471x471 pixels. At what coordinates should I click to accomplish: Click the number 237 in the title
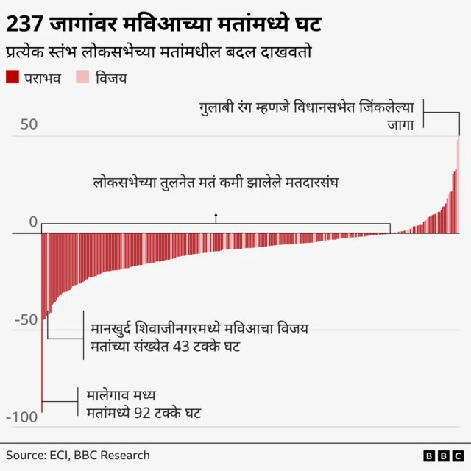point(24,25)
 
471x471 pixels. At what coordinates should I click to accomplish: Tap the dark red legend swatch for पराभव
point(12,77)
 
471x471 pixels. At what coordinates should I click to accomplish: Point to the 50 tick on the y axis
point(28,124)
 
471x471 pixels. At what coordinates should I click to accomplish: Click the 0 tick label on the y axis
point(32,222)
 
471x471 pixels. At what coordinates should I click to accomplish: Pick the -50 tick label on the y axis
point(25,319)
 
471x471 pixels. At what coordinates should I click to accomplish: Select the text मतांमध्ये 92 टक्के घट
point(144,412)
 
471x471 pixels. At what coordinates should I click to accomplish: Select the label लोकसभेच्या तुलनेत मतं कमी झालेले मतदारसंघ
point(215,181)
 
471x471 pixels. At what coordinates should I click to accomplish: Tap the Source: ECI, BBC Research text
point(78,455)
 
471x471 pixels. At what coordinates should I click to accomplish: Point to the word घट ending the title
point(304,25)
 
